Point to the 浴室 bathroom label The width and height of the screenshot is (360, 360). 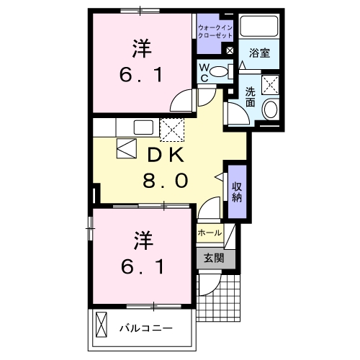[x=259, y=53]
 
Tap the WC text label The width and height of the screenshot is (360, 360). [x=205, y=71]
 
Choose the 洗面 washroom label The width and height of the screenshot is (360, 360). [x=250, y=97]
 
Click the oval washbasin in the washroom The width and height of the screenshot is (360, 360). [x=270, y=110]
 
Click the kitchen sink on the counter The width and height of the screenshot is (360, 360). [x=143, y=127]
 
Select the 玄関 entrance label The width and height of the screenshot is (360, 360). [x=213, y=258]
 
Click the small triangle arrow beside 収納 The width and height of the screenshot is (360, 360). [x=219, y=176]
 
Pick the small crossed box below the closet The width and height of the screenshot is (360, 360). [x=230, y=50]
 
